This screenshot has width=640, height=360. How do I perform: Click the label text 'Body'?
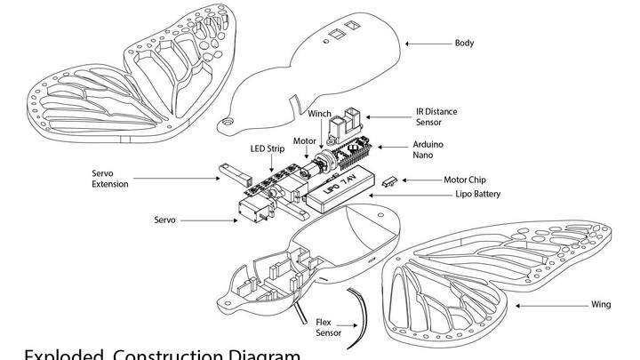pos(464,43)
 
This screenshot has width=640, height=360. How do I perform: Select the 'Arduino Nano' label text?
pos(429,149)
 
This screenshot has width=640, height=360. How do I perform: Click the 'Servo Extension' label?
pos(111,179)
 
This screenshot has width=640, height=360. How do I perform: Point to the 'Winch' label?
pos(319,114)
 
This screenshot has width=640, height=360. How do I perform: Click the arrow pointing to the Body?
pos(427,43)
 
